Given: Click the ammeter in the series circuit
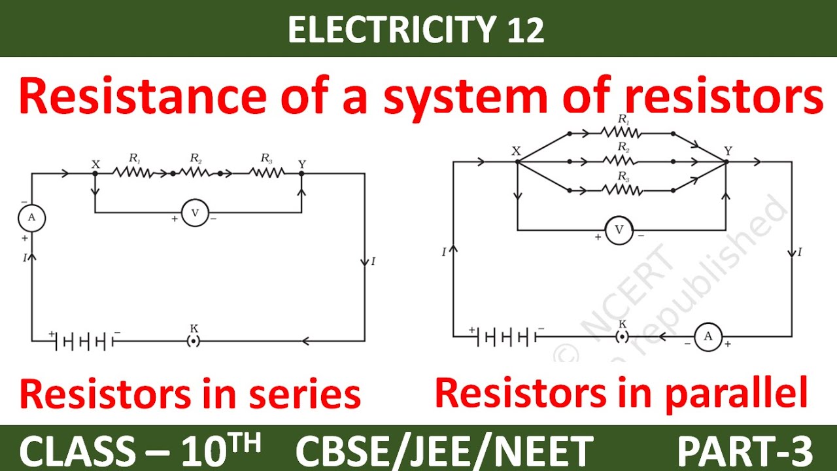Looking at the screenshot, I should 31,218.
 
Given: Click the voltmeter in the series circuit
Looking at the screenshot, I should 194,213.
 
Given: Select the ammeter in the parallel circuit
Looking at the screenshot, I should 708,337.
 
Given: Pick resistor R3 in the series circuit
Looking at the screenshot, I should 266,173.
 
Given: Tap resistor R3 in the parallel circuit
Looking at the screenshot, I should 621,190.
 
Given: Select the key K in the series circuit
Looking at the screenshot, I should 194,340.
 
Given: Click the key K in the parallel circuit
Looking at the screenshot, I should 623,337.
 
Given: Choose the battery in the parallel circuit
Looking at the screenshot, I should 504,338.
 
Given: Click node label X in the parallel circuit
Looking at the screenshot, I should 516,151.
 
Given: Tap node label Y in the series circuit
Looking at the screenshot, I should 301,164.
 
